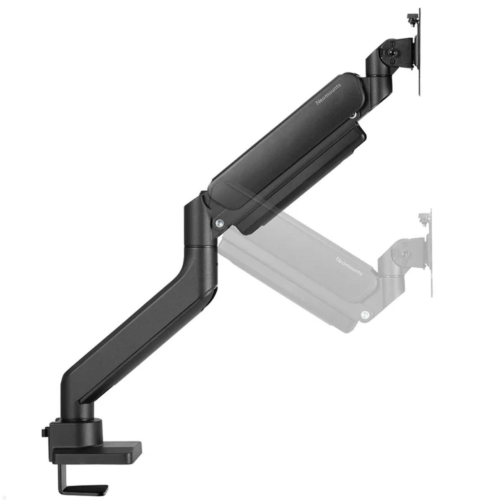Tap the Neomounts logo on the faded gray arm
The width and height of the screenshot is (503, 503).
[349, 266]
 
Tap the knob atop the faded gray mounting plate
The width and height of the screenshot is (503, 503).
[423, 217]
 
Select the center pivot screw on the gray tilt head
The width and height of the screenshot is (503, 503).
[404, 254]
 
